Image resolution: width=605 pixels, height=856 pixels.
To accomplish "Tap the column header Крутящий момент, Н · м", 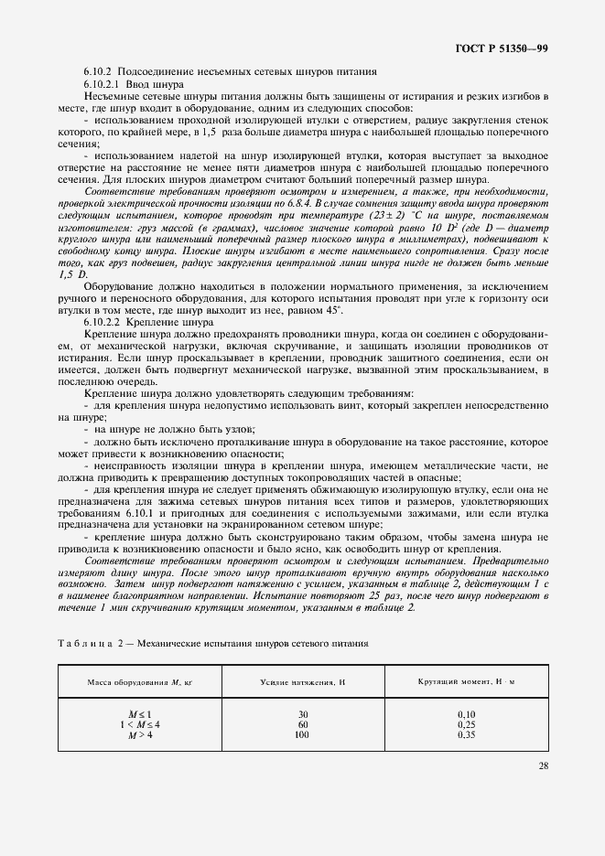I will [x=467, y=682].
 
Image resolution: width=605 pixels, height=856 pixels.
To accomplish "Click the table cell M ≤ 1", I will [x=138, y=713].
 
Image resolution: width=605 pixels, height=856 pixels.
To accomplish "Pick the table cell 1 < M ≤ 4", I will [x=138, y=724].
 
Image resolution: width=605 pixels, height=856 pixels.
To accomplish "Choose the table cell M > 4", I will [x=138, y=734].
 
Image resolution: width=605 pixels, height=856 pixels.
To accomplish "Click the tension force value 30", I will [x=302, y=713].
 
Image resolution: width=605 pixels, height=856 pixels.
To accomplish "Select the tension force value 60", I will [x=302, y=724].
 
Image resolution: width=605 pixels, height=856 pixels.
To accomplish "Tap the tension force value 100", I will [x=302, y=734].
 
